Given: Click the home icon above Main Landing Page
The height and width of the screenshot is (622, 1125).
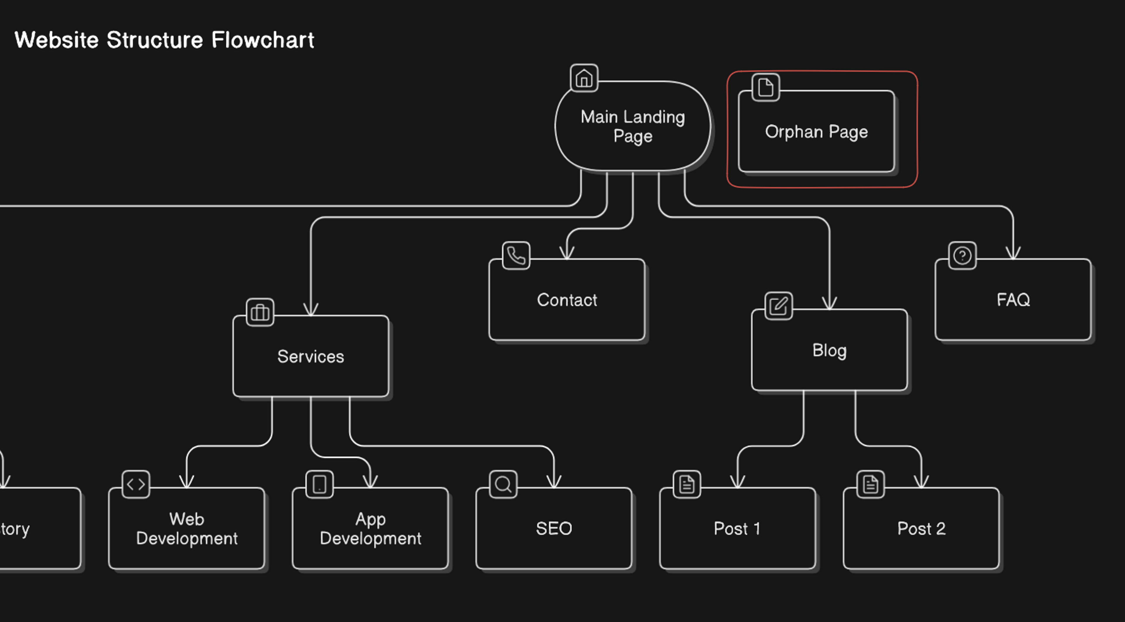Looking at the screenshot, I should [584, 78].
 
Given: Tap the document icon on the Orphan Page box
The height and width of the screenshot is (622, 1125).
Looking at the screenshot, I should [765, 87].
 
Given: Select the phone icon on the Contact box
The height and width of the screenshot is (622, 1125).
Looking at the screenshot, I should [516, 255].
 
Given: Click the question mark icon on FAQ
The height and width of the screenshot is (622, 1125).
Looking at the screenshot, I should [962, 255].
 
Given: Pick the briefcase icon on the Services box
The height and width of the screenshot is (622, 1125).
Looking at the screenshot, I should [260, 312].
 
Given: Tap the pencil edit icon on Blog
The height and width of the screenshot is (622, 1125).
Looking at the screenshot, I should [778, 306].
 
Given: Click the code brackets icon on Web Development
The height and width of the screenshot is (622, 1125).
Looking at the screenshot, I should [136, 484].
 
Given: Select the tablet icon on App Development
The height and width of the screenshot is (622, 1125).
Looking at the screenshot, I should [320, 484].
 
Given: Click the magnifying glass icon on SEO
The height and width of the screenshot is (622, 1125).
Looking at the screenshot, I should [503, 484].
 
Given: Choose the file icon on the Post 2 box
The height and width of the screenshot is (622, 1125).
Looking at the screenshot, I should [870, 484].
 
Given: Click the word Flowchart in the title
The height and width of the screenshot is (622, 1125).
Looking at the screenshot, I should [262, 40].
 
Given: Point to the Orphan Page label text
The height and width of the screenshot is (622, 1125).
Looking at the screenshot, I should [816, 132].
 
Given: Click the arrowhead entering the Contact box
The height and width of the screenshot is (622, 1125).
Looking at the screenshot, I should [567, 253].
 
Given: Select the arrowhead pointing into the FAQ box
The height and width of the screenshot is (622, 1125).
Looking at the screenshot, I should [1013, 253].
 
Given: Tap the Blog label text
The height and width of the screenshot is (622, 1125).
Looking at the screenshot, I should [829, 351].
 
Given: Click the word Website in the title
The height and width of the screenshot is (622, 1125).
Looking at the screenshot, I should [57, 40].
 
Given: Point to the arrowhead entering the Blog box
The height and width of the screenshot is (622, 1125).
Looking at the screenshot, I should [829, 304].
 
